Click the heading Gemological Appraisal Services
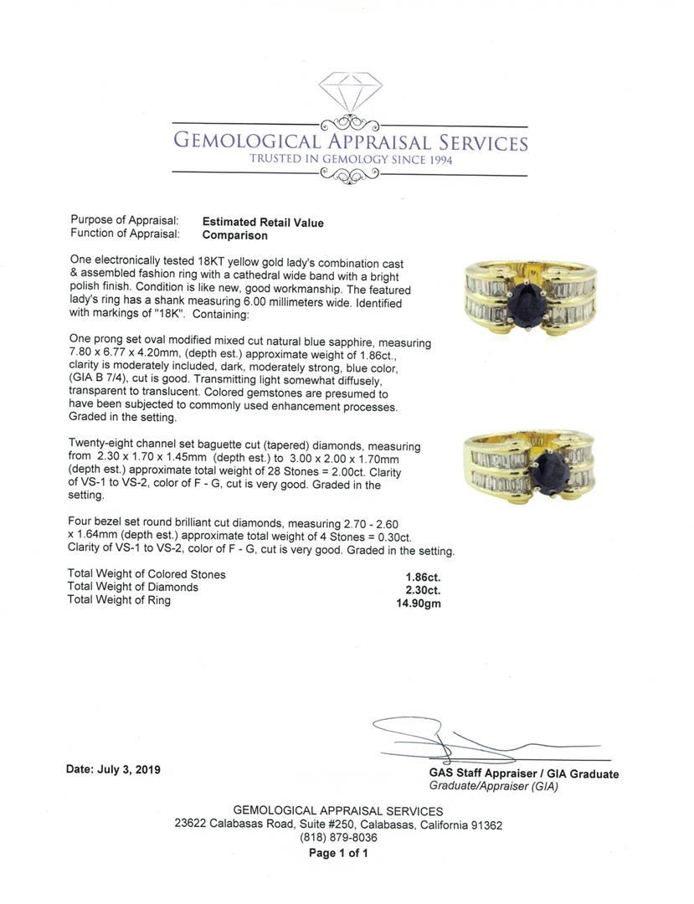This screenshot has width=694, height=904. pos(350,141)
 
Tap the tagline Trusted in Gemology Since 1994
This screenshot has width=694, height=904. pos(350,159)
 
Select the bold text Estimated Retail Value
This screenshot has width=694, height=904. pos(263,223)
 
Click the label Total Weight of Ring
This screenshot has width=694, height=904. pos(119,600)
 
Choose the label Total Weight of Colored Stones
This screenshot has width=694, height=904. pos(147,575)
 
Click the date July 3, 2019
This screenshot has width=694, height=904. pos(114,770)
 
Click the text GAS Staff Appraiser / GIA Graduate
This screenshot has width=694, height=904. pos(524,774)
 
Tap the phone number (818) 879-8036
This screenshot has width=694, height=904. pos(338,838)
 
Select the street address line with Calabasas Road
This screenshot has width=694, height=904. pos(338,824)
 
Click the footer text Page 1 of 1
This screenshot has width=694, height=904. pos(338,853)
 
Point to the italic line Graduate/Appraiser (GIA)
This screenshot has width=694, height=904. pos(493,786)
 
